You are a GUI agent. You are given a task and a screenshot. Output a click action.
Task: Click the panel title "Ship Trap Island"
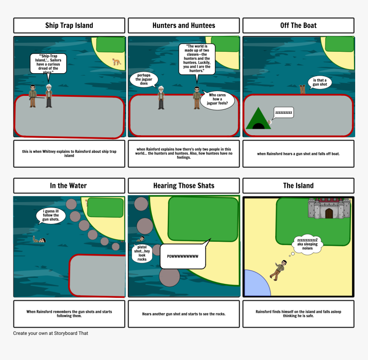point(69,25)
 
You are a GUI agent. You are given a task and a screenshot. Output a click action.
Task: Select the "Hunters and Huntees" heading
point(184,25)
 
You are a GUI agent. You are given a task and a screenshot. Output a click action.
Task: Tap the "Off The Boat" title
point(298,25)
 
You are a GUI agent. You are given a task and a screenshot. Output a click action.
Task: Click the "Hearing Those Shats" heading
point(184,185)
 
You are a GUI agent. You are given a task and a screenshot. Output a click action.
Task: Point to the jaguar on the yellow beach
point(116,62)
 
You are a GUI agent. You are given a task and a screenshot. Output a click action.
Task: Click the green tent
point(258,118)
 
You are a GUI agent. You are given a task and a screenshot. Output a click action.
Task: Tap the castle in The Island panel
point(329,208)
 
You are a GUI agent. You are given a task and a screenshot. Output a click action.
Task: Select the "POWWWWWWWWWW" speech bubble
point(183,256)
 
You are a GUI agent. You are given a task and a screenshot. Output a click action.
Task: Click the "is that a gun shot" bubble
point(320,83)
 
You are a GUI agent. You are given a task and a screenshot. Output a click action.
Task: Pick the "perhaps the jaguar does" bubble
point(144,79)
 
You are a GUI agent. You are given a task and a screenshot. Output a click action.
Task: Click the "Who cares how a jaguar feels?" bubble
point(217,99)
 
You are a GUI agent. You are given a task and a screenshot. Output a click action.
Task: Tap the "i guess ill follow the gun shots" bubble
point(50,215)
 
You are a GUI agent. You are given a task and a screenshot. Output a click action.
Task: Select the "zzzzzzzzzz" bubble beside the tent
point(284,113)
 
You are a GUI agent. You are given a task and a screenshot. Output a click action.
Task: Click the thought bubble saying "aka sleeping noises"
point(307,244)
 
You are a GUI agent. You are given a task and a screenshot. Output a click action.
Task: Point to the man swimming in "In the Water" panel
point(39,239)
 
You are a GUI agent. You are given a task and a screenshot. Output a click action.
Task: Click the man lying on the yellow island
point(278,270)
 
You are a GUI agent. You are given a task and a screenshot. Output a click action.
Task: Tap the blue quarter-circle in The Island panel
point(255,285)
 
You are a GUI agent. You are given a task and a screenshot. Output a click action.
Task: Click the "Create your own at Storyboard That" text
point(50,333)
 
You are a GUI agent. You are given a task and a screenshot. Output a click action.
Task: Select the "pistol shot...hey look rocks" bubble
point(142,253)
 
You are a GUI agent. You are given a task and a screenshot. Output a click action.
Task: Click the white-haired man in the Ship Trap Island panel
point(49,96)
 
